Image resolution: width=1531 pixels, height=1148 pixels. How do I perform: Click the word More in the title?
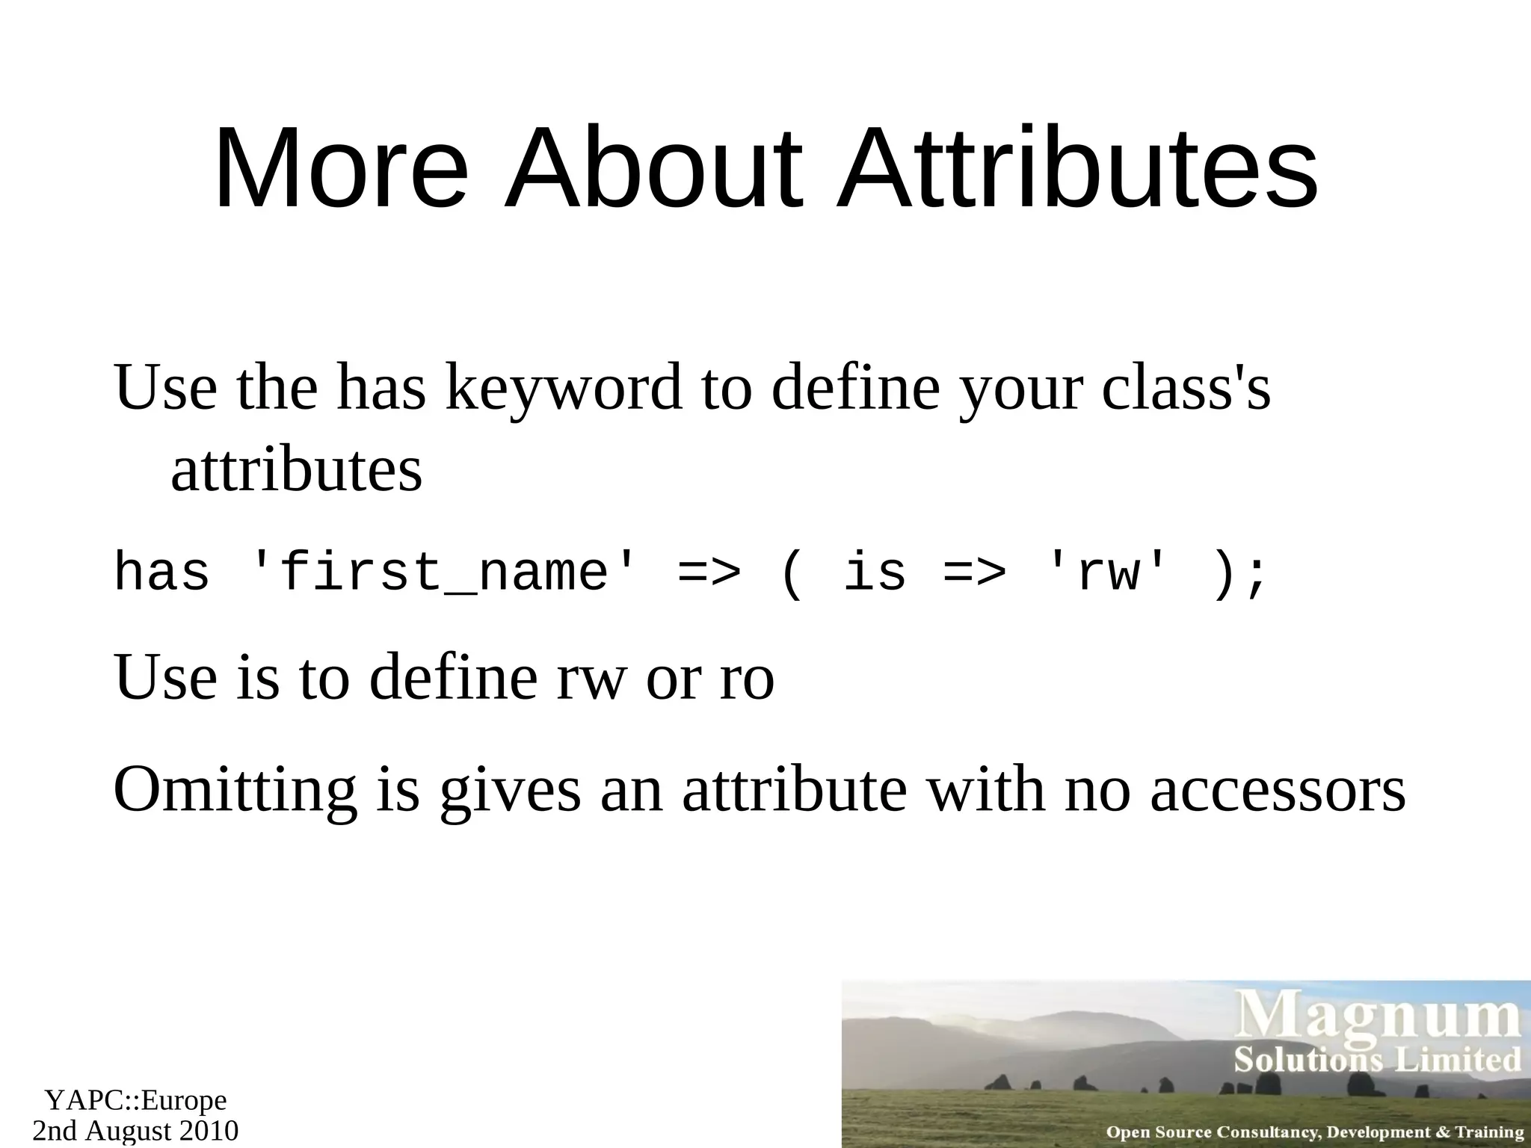tap(341, 170)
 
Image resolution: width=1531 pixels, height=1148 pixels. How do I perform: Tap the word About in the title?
tap(653, 170)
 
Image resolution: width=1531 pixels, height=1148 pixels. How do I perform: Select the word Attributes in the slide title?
tap(1076, 170)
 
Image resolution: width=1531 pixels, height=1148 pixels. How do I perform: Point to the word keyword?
tap(564, 389)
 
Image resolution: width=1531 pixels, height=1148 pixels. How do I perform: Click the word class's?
tap(1186, 389)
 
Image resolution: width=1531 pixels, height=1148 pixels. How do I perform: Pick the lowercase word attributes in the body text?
tap(297, 470)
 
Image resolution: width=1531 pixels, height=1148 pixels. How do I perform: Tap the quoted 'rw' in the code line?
tap(1108, 573)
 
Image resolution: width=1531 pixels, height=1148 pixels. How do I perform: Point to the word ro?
tap(746, 678)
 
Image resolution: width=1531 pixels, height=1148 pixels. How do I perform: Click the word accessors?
tap(1278, 791)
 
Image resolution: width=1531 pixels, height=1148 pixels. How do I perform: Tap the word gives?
tap(510, 791)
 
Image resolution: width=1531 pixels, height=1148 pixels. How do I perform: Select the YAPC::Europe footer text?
tap(135, 1101)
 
